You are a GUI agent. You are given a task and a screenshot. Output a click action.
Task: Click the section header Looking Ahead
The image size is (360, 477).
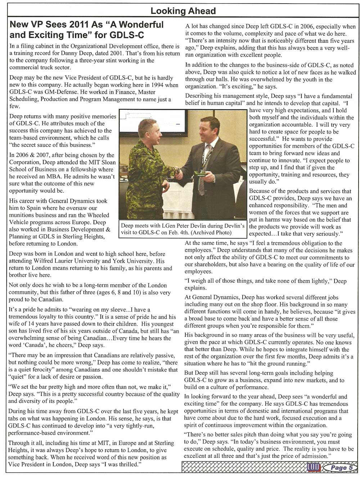click(x=183, y=11)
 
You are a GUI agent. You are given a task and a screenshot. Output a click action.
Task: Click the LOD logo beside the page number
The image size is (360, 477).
click(x=313, y=467)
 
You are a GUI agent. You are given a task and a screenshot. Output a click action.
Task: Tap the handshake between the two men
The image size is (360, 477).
click(x=178, y=172)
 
